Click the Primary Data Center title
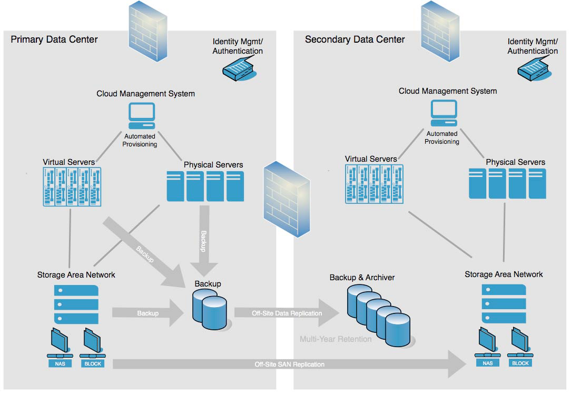54,39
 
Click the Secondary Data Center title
355,39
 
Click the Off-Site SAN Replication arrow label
289,364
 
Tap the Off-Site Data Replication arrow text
287,313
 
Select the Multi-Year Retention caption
336,339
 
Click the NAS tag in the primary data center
60,363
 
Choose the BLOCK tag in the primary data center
92,363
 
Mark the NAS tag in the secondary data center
488,363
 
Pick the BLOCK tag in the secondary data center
520,363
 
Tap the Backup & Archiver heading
362,277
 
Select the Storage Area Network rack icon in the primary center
76,304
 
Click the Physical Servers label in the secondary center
515,162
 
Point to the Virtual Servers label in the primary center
68,161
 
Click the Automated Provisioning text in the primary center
140,140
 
